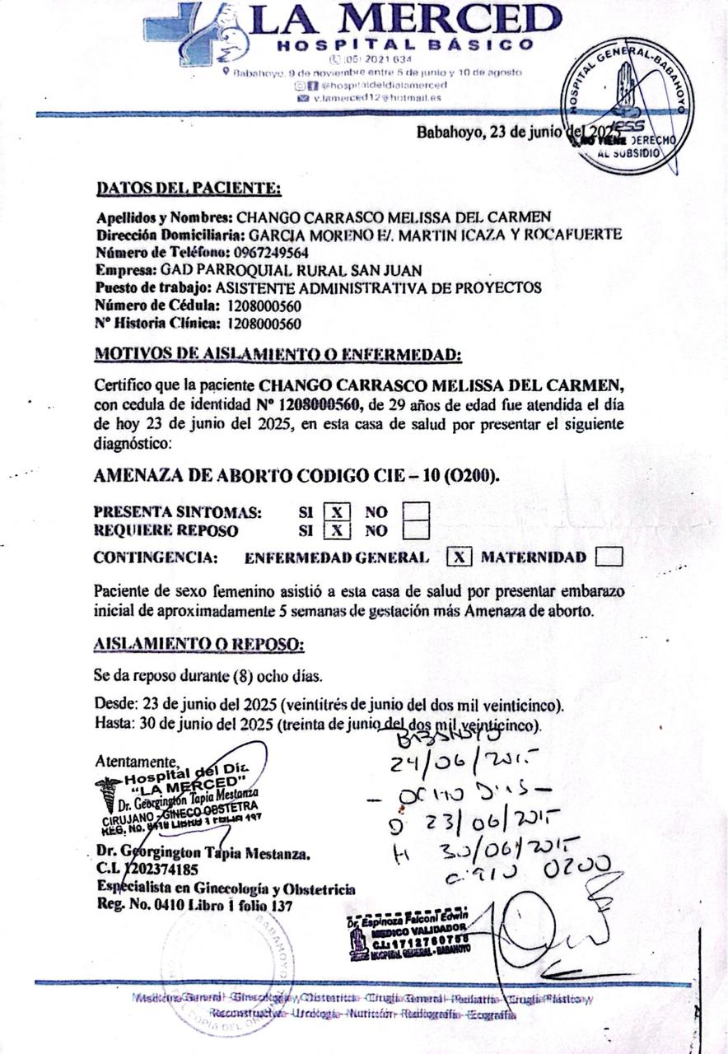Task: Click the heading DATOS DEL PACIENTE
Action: click(x=189, y=189)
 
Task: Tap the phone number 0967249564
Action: click(x=271, y=253)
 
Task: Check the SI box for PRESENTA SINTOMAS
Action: click(x=337, y=512)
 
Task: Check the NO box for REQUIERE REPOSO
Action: click(x=416, y=530)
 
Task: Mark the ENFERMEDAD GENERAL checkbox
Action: click(x=460, y=557)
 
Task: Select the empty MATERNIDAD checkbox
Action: click(x=609, y=557)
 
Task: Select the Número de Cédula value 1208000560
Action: click(x=264, y=305)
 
